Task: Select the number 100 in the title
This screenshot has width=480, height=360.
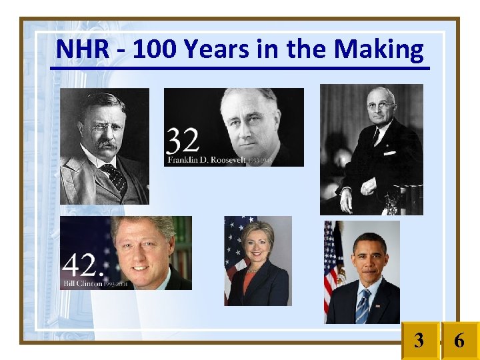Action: click(154, 49)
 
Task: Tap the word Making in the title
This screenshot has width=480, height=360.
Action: click(378, 49)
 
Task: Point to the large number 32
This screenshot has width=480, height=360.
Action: click(182, 142)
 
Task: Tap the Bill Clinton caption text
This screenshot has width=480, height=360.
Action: click(82, 283)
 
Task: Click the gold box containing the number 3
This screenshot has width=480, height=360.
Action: click(419, 341)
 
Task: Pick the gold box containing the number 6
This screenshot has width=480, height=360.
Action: click(460, 341)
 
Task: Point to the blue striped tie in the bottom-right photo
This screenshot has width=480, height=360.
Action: click(363, 306)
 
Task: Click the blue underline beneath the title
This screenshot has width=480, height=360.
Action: click(240, 67)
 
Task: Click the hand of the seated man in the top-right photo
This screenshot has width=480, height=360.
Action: click(345, 199)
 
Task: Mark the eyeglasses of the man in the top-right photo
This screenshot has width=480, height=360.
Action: click(379, 105)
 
